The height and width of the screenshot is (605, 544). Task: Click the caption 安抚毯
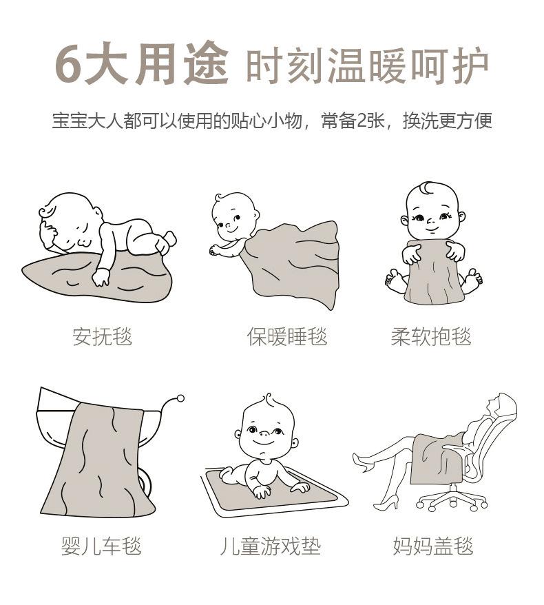point(102,336)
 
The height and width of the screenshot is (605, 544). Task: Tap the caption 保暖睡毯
point(287,336)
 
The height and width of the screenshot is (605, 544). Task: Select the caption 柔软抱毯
point(431,336)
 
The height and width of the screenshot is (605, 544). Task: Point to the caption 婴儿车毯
point(101,546)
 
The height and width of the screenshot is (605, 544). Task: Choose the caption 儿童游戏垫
point(270,546)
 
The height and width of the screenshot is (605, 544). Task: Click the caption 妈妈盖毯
point(433,546)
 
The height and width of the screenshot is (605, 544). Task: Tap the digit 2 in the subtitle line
point(363,121)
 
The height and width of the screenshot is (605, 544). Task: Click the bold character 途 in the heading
point(207,63)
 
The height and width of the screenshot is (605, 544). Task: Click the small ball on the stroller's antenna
point(180,398)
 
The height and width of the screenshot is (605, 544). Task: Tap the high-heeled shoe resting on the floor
point(386,501)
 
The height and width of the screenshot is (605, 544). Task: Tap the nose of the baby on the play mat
point(264,433)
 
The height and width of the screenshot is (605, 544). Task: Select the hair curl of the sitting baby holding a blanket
point(426,188)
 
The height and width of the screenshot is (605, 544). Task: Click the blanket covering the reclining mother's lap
point(437,458)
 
